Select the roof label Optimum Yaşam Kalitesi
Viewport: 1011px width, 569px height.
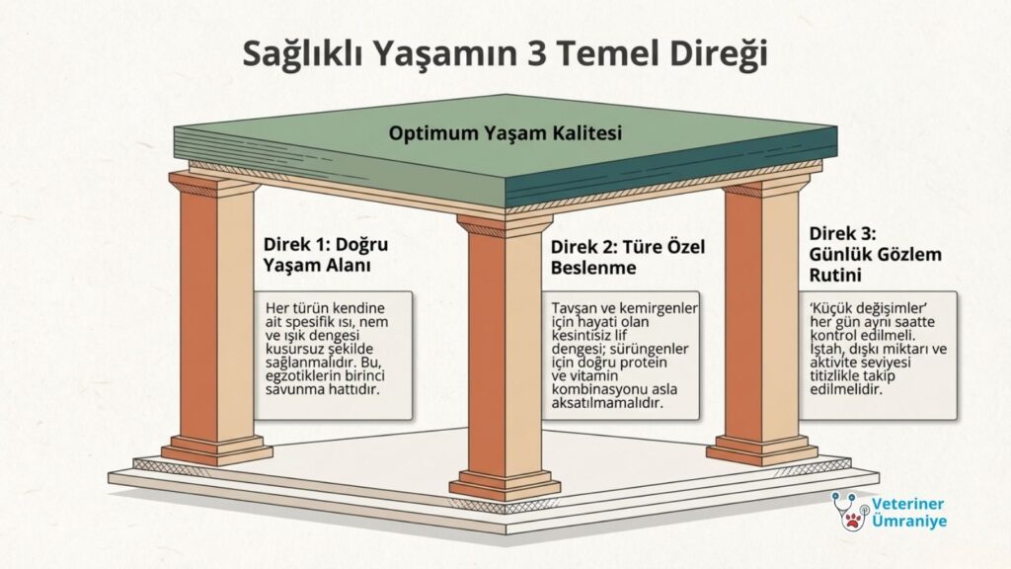505,133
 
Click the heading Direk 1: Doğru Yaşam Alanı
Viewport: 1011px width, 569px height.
326,255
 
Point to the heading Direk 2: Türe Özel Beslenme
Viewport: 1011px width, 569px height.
627,257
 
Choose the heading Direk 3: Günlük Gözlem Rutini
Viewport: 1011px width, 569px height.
875,254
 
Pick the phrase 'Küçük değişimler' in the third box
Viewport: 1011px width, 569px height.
868,308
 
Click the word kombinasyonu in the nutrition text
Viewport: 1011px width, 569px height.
590,389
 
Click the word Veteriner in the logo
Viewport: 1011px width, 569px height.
908,504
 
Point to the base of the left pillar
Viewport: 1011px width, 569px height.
216,449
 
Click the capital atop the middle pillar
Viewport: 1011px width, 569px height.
505,226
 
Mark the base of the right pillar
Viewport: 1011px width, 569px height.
762,450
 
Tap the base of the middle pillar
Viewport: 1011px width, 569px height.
505,485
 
